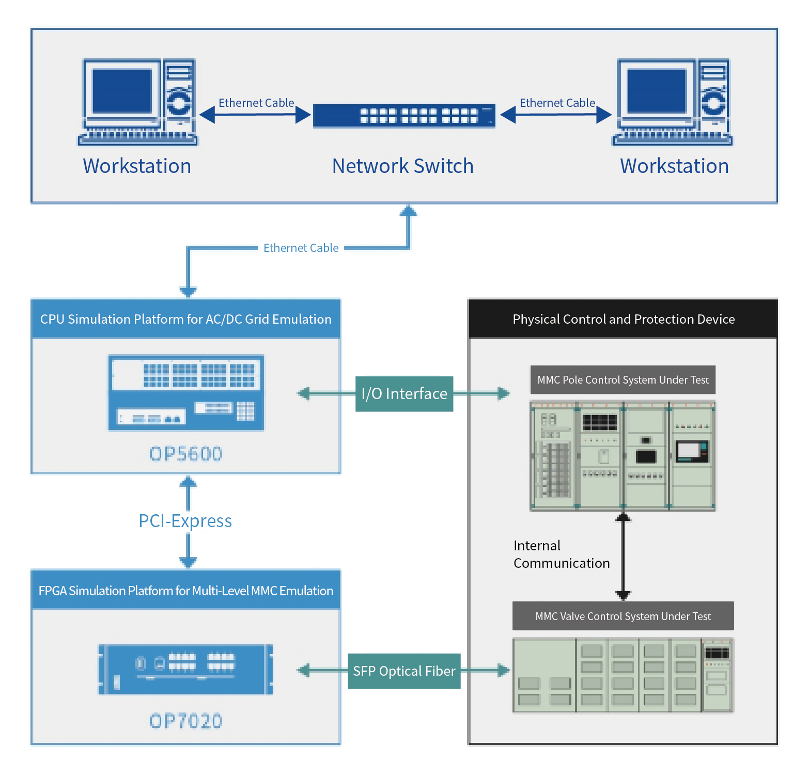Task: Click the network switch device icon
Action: [404, 115]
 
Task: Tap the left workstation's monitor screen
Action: [122, 91]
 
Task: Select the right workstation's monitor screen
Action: [657, 91]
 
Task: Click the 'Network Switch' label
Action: [403, 166]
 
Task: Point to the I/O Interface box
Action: [404, 394]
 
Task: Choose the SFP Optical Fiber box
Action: [404, 671]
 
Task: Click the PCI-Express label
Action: [185, 521]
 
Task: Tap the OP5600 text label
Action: [186, 454]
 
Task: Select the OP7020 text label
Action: [186, 721]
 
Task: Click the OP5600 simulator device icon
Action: [186, 393]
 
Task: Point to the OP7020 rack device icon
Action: [186, 670]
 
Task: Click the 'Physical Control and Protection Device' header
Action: [623, 319]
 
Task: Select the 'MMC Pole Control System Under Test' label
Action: [623, 380]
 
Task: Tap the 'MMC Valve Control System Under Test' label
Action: [623, 616]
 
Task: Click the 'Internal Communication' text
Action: [562, 554]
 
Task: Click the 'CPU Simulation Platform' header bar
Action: [186, 319]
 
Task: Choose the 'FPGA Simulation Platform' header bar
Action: [186, 591]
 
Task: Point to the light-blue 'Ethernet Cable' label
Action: [301, 248]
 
